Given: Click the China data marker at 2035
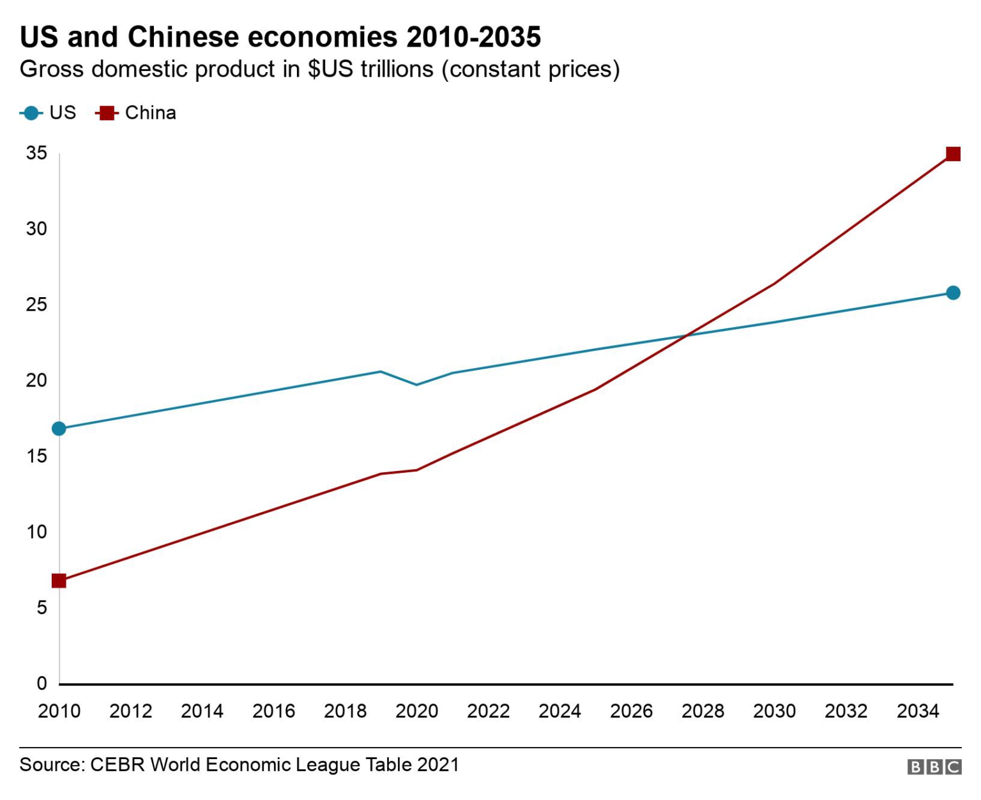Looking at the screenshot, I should pos(952,154).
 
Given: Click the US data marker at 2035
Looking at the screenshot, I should pos(952,293).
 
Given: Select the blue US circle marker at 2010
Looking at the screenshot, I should pos(59,428).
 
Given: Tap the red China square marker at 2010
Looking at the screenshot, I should pos(59,580).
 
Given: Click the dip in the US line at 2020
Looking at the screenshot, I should pos(416,385).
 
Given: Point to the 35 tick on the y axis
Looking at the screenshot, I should pos(36,153).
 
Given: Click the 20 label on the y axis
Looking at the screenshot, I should pos(36,380).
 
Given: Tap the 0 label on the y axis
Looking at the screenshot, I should pos(42,684).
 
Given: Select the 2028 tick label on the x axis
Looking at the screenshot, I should pos(703,711).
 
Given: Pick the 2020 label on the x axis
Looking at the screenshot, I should pos(416,711).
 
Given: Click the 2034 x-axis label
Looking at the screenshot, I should pos(917,711).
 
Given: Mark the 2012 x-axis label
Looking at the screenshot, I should pos(130,711).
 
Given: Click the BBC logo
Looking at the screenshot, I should pos(934,766).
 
